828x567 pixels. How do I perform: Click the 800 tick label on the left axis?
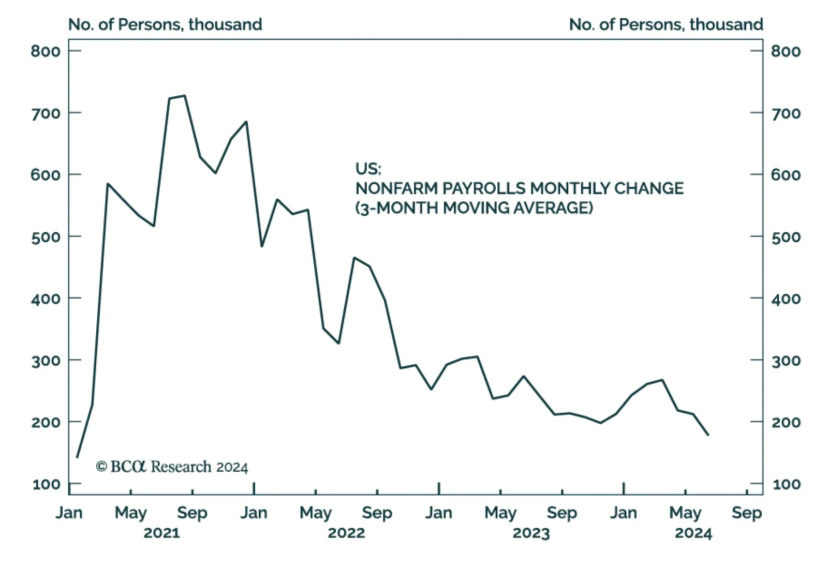(x=46, y=51)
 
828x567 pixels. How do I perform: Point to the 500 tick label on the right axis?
(x=786, y=237)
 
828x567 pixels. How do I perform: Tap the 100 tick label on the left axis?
(x=46, y=484)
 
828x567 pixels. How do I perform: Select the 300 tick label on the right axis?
(x=786, y=361)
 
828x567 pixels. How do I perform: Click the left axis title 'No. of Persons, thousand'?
(x=165, y=24)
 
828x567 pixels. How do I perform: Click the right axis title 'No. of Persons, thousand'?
(x=666, y=24)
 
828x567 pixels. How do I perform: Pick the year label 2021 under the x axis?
(x=161, y=533)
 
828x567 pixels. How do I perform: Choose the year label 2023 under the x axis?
(x=531, y=533)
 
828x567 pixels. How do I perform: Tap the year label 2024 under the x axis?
(x=693, y=533)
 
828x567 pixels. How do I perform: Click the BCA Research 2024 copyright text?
(x=172, y=467)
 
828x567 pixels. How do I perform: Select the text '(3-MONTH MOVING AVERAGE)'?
(x=474, y=208)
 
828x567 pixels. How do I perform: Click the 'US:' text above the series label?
(x=368, y=169)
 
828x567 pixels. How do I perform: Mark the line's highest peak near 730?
(x=185, y=96)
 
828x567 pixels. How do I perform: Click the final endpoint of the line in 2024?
(x=708, y=435)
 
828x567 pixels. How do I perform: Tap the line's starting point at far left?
(x=77, y=457)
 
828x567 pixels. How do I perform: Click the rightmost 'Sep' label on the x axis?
(x=747, y=513)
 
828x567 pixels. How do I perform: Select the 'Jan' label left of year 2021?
(x=69, y=513)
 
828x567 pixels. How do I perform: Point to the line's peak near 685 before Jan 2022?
(x=246, y=122)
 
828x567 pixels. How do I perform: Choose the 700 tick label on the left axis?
(x=46, y=113)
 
